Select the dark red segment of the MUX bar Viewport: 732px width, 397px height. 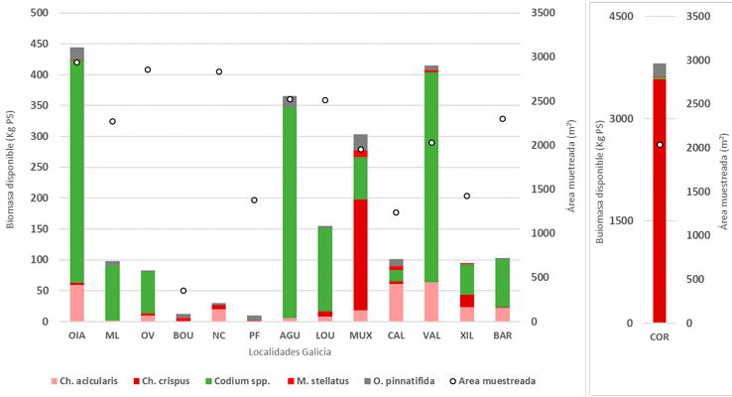click(x=360, y=254)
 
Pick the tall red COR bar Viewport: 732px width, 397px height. click(x=659, y=198)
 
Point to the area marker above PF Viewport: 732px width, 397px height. click(x=254, y=200)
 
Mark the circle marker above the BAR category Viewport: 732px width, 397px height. click(x=503, y=119)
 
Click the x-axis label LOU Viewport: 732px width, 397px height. click(x=325, y=336)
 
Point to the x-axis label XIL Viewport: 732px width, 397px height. click(x=467, y=336)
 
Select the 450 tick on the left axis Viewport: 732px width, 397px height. click(x=39, y=44)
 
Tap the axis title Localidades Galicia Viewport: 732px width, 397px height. click(x=290, y=351)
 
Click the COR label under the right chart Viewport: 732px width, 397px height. click(x=659, y=337)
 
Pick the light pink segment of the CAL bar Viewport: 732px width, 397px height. click(x=396, y=302)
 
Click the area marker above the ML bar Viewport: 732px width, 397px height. click(x=112, y=121)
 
